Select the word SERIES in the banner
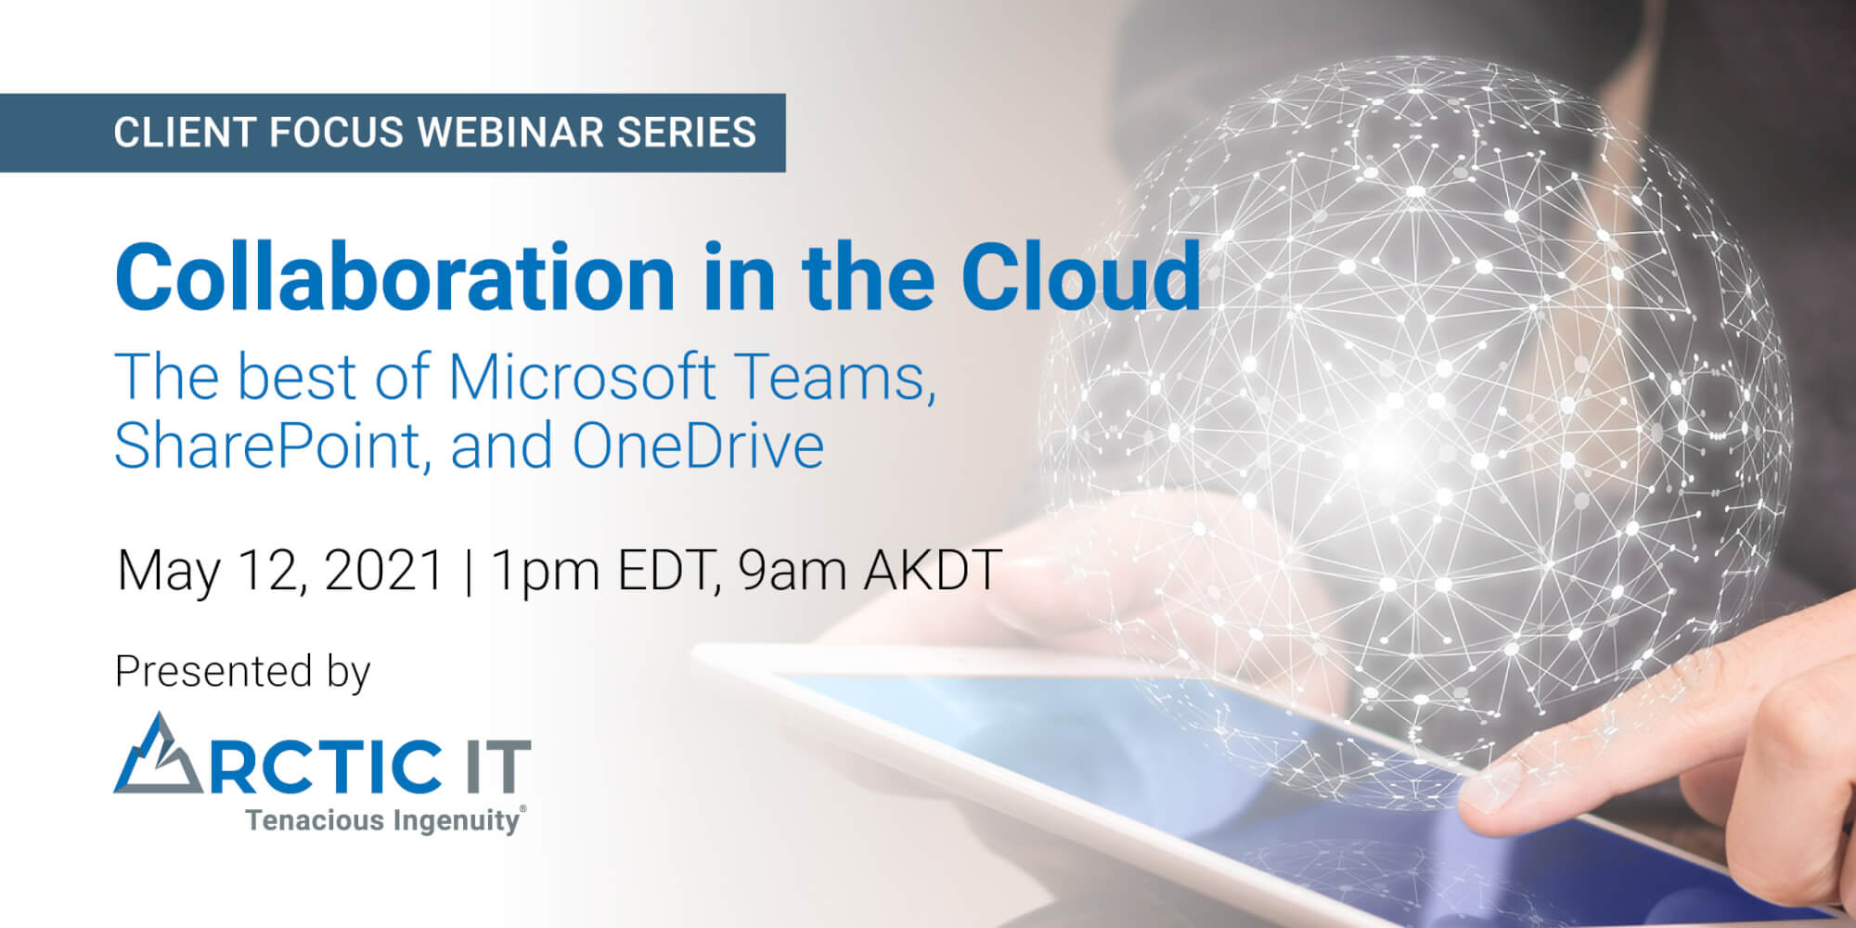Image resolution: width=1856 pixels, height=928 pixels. (x=687, y=132)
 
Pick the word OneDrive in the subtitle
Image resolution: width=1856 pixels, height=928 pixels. (x=698, y=445)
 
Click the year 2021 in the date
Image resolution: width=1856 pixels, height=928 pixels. (x=383, y=570)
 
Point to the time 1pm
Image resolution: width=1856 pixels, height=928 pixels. (x=546, y=572)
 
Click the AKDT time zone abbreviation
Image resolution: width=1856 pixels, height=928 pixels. (x=932, y=570)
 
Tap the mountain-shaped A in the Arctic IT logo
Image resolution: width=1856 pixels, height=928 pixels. (x=158, y=754)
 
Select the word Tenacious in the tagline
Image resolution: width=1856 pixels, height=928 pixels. (x=315, y=820)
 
